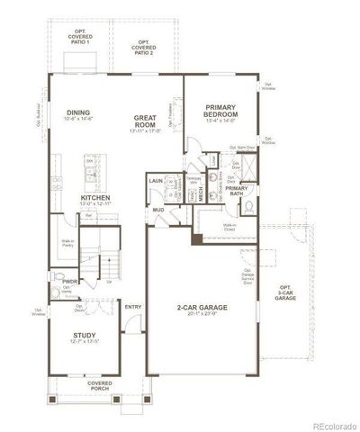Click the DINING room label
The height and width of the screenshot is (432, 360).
[78, 112]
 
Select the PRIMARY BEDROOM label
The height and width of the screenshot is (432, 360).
[220, 110]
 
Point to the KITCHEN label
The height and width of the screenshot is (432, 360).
[95, 197]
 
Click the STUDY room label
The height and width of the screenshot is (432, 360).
[85, 336]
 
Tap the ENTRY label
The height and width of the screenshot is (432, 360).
[133, 308]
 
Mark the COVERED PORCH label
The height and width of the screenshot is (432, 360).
[99, 385]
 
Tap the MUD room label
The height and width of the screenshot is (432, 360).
[157, 210]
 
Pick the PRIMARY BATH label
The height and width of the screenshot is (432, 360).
[236, 190]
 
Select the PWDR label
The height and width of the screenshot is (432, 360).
[68, 281]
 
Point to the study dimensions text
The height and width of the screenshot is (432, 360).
[85, 343]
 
